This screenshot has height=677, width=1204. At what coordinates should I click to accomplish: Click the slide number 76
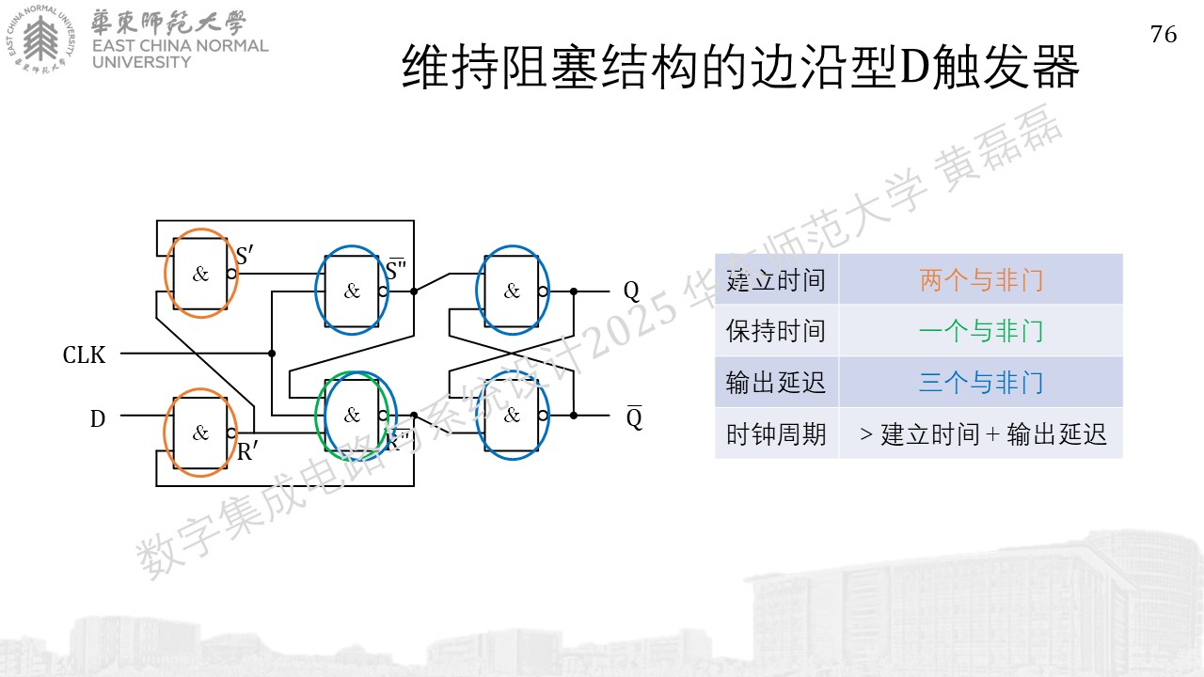point(1164,35)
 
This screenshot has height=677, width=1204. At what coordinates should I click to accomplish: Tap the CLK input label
point(84,355)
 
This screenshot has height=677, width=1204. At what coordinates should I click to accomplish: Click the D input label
point(97,418)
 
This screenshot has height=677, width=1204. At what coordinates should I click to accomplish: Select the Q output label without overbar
point(631,291)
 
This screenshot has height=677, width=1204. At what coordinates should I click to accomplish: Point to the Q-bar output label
point(634,417)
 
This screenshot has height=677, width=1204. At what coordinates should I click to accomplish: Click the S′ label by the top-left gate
point(245,255)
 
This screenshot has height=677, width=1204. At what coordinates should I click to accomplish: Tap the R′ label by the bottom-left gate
point(247,451)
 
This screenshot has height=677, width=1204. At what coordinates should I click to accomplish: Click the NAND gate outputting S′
point(200,274)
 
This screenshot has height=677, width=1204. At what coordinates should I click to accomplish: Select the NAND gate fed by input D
point(200,433)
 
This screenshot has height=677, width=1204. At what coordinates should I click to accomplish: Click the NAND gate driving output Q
point(512,291)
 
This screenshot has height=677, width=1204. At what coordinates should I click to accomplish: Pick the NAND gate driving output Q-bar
point(512,415)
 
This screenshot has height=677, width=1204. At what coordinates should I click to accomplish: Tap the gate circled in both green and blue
point(352,415)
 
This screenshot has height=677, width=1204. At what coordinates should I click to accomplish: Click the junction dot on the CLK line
point(272,353)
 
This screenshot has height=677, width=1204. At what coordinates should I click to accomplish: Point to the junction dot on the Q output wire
point(574,291)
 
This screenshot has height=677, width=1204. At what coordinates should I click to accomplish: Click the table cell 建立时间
point(776,280)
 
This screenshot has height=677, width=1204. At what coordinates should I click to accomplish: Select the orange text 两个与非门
point(981,280)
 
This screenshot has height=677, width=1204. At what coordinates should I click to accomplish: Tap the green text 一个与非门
point(981,330)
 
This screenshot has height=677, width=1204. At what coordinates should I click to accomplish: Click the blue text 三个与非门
point(981,382)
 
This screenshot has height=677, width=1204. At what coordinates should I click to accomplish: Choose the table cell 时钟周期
point(776,433)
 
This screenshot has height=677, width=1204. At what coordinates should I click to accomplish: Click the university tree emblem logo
point(40,39)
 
